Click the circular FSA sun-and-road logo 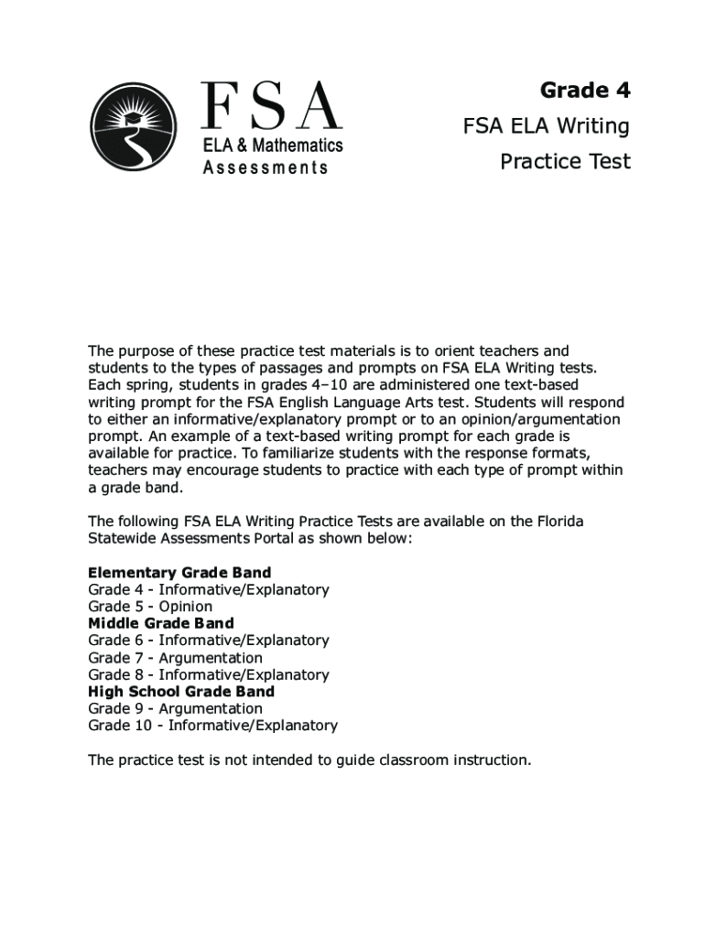[x=134, y=127]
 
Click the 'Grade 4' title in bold [x=585, y=90]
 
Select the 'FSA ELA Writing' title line [x=546, y=125]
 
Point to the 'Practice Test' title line [x=565, y=161]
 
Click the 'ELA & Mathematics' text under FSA [x=272, y=145]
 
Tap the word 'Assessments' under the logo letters [x=266, y=167]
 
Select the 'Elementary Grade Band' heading [x=179, y=573]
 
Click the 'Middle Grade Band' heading [x=161, y=623]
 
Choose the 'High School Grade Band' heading [x=181, y=692]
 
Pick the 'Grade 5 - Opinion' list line [x=150, y=607]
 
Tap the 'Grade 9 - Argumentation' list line [x=175, y=708]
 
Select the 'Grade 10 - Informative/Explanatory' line [x=212, y=726]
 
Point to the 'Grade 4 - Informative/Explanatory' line [x=209, y=589]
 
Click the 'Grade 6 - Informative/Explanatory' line [x=209, y=641]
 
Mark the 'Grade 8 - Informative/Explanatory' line [x=209, y=674]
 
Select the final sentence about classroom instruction [x=309, y=760]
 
